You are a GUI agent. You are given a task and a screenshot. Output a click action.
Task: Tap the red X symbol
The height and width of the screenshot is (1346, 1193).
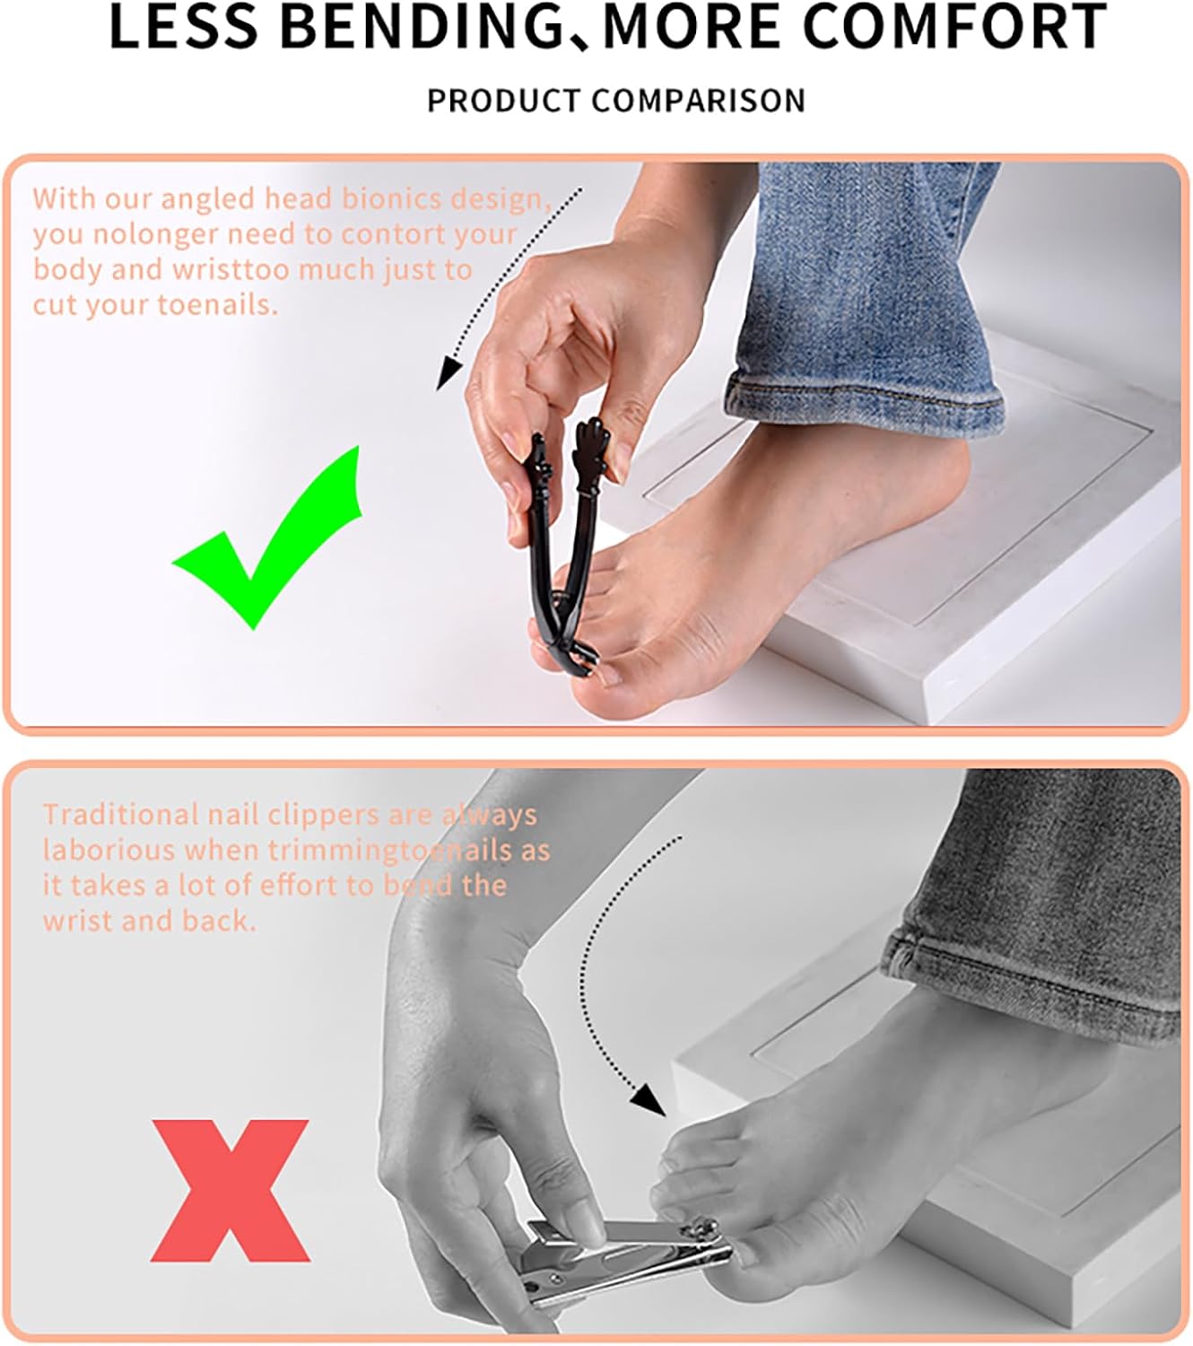click(x=231, y=1190)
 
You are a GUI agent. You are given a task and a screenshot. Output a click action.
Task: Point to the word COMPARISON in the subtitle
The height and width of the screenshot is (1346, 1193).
click(x=699, y=101)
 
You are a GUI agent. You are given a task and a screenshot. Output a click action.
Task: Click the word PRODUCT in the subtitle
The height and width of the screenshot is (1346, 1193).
click(x=504, y=101)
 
